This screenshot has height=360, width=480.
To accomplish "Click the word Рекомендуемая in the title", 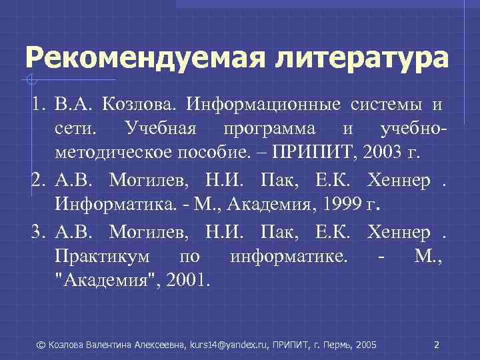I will coord(139,57).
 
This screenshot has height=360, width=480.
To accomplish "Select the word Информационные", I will coord(263,105).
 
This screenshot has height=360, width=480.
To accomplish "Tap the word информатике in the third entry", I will coord(287,257).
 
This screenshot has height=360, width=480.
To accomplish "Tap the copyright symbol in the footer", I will coord(41,345).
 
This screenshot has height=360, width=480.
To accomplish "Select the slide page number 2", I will coord(436,345).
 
